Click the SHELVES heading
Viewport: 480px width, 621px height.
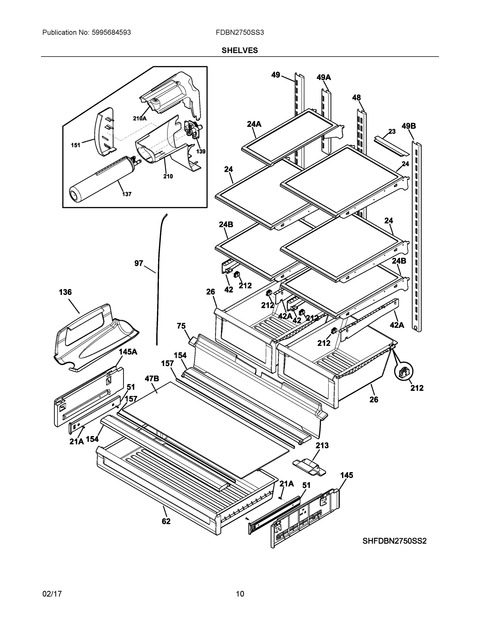239,50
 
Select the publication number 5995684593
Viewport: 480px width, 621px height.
111,32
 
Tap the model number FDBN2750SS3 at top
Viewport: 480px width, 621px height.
240,32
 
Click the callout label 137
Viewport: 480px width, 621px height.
127,194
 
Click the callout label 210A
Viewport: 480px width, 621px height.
140,119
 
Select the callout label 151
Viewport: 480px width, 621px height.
75,145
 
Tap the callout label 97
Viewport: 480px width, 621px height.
138,263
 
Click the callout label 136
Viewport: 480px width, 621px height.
65,292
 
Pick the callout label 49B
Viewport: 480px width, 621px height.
409,126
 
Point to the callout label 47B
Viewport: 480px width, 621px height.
152,379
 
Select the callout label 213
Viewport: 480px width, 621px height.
322,445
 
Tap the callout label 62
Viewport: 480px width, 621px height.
166,521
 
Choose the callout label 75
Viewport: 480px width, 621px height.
181,326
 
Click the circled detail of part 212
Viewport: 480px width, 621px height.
403,372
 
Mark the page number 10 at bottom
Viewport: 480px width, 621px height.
240,594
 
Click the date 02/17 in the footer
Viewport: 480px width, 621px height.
52,594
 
